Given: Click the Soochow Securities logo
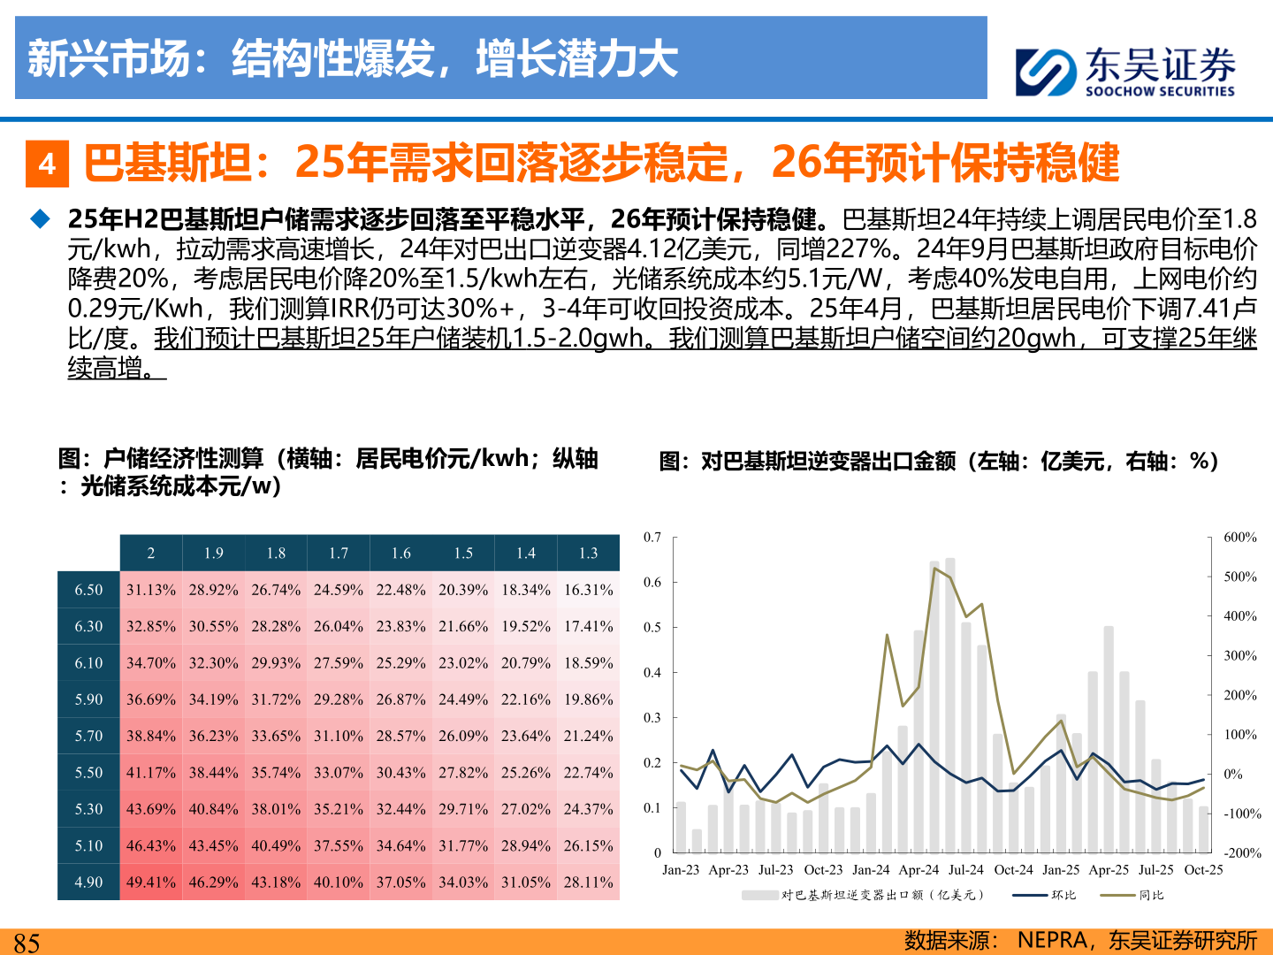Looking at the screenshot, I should (x=1124, y=71).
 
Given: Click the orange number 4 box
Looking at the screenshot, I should (x=48, y=164).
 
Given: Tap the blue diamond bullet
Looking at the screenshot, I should (x=41, y=218).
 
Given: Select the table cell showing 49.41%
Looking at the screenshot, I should (x=151, y=882).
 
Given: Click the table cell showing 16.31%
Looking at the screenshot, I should (x=588, y=590).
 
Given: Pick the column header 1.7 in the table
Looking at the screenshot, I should (x=339, y=553).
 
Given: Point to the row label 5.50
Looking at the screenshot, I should (x=88, y=772).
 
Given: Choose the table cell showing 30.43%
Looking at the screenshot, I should (x=400, y=772).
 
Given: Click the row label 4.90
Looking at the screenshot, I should (x=88, y=882).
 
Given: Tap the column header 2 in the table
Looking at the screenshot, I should (x=151, y=553).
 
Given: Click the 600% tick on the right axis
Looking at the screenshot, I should (x=1239, y=537).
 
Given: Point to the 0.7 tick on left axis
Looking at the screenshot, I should (x=652, y=537).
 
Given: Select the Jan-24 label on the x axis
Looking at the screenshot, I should (x=871, y=870).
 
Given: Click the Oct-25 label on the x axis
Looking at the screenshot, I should (x=1203, y=870).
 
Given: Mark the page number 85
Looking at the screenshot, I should (x=27, y=943).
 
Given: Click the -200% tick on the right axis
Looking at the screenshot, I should (x=1242, y=853).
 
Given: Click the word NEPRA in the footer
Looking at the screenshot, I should (x=1052, y=940).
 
